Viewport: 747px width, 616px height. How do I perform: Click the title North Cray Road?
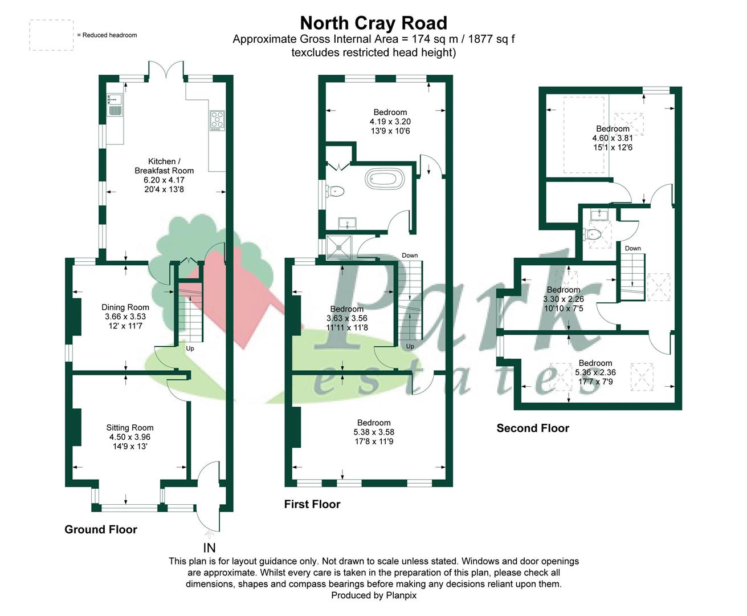[374, 23]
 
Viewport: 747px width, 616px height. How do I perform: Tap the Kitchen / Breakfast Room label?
[164, 166]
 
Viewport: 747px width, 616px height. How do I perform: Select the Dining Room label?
[125, 307]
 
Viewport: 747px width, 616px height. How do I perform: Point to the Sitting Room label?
[130, 427]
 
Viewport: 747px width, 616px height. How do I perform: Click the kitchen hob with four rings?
[217, 120]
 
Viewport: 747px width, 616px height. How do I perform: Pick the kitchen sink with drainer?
[115, 104]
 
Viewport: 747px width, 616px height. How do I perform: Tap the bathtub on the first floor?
[385, 179]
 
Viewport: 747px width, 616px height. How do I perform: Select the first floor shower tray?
[338, 247]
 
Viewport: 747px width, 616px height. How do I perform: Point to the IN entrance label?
[209, 548]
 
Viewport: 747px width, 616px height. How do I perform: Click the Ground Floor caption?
[100, 529]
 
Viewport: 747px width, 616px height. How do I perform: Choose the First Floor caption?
[312, 504]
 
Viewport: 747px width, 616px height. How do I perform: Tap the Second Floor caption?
[533, 428]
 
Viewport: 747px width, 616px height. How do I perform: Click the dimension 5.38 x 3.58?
[374, 432]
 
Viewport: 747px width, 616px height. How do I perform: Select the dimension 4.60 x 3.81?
[613, 138]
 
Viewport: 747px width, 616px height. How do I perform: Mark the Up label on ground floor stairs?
[190, 348]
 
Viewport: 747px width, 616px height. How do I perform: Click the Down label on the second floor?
[633, 248]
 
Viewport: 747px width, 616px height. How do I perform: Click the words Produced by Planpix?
[374, 595]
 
